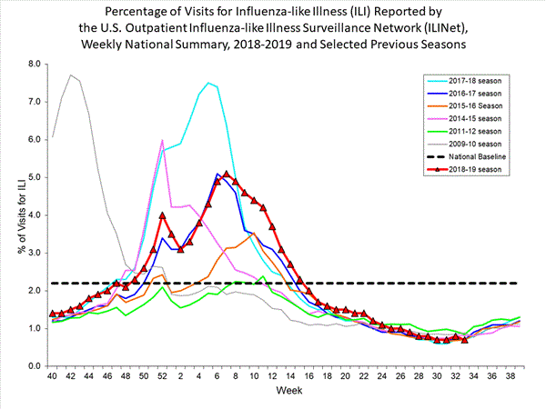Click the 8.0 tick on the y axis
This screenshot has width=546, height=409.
click(35, 64)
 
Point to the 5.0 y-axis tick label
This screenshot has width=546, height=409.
click(35, 177)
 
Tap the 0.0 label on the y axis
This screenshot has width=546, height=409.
click(35, 365)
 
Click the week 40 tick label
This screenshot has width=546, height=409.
click(53, 374)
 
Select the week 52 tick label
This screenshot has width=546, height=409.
click(162, 374)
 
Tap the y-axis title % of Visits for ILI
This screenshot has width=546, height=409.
click(13, 214)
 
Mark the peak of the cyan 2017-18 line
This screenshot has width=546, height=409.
click(208, 83)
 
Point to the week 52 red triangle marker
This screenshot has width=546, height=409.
click(162, 215)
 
